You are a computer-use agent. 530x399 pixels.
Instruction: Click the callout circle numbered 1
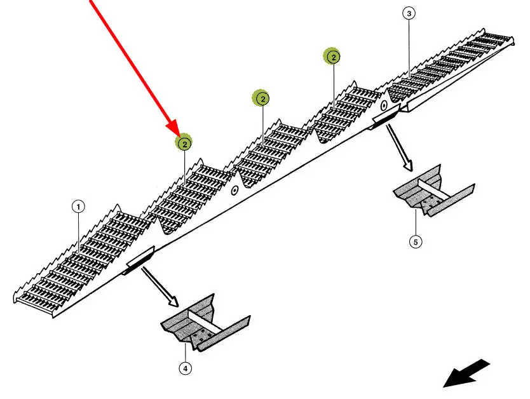pos(78,206)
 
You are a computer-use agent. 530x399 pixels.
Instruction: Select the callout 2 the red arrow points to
pos(184,144)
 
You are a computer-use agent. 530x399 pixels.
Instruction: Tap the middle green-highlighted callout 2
pos(262,98)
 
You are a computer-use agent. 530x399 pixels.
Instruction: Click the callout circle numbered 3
pos(408,13)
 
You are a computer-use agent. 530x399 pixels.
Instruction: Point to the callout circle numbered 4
pos(185,367)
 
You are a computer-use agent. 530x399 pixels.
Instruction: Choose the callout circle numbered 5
pos(416,242)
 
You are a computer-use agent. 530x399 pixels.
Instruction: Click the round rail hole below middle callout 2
pos(234,189)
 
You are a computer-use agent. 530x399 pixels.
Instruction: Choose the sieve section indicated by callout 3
pos(445,64)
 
